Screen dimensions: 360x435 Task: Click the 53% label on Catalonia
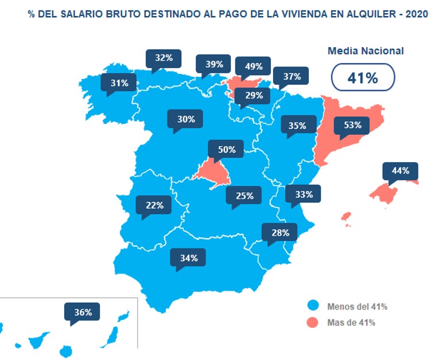point(352,124)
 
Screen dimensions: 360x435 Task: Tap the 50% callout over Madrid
point(226,150)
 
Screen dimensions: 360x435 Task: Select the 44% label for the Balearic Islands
point(400,171)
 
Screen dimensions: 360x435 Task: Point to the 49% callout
point(253,66)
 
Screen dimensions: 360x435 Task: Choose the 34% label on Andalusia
point(188,258)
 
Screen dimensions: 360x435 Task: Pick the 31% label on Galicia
point(119,83)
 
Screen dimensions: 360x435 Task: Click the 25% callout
point(244,195)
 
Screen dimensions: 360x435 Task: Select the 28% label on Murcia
point(280,233)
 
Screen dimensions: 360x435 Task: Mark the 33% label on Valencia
point(304,194)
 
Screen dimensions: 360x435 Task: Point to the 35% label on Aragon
point(297,125)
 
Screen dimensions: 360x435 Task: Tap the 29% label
point(254,96)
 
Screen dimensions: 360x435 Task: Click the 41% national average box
point(363,78)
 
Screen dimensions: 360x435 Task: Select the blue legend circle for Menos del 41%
point(313,306)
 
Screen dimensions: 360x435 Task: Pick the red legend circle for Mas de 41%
point(313,322)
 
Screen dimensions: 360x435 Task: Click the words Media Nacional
point(366,50)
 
